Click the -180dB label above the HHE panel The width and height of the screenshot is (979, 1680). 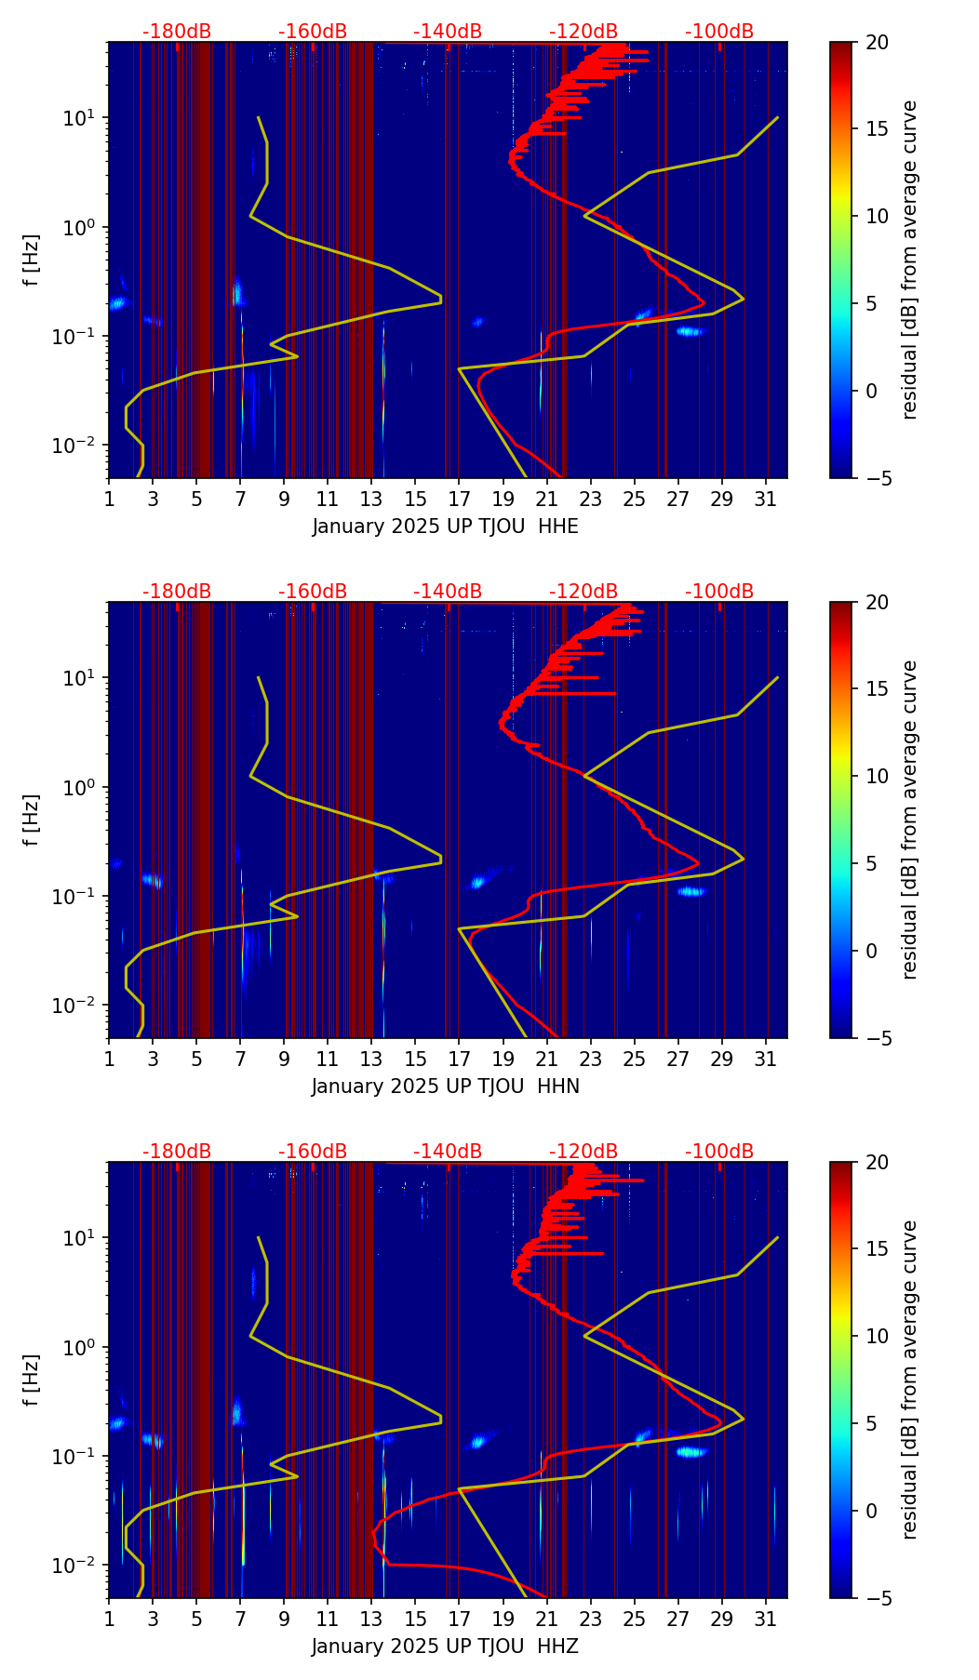[177, 32]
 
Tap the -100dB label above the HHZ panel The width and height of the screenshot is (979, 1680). [719, 1152]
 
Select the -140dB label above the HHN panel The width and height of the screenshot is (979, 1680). [448, 592]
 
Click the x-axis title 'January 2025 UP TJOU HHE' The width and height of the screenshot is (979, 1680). [445, 527]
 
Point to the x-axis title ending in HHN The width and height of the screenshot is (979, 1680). [445, 1087]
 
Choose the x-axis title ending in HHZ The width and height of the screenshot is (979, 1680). [445, 1647]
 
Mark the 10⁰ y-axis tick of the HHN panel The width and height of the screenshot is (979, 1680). [87, 787]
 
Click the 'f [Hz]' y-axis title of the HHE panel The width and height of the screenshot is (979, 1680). [32, 260]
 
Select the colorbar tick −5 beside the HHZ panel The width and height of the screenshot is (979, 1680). [878, 1598]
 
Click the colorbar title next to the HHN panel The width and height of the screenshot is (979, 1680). [910, 820]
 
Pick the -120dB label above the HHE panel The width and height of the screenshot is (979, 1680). [583, 32]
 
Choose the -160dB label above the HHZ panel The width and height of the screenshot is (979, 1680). [313, 1152]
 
